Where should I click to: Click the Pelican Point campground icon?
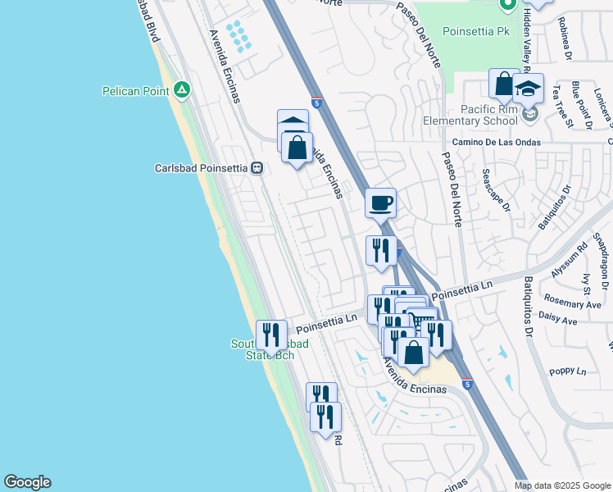[182, 90]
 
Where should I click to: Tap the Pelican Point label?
[135, 90]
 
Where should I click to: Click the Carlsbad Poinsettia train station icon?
[257, 168]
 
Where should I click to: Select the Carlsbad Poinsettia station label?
[201, 168]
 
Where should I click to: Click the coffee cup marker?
[380, 203]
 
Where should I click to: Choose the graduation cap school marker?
[529, 88]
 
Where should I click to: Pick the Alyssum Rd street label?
[582, 258]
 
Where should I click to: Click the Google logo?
[27, 482]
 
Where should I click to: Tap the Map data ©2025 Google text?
[561, 485]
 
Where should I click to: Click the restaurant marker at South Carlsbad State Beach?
[271, 335]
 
